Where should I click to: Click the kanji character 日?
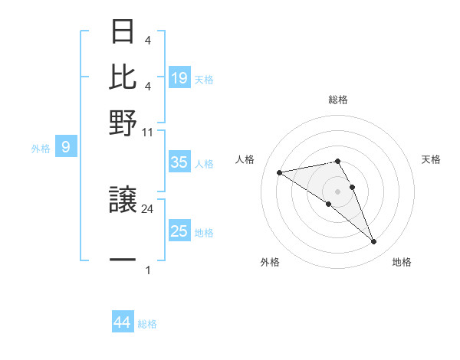(123, 32)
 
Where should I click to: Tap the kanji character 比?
(123, 77)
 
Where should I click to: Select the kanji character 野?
(123, 122)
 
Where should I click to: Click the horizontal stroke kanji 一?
(123, 260)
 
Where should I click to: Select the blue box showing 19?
(179, 77)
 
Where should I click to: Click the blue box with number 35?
(179, 162)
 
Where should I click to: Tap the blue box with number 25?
(179, 231)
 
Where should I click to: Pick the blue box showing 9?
(66, 147)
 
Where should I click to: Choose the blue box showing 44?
(123, 322)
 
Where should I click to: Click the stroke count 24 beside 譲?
(148, 208)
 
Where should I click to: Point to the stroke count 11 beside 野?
(148, 132)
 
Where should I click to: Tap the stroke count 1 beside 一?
(148, 270)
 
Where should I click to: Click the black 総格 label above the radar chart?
(338, 100)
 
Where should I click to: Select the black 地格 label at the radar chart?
(402, 262)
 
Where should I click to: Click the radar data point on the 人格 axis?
(280, 172)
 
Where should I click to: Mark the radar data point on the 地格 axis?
(374, 242)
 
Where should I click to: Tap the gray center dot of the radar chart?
(338, 191)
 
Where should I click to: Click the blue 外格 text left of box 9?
(41, 149)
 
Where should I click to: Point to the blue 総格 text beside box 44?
(147, 324)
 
